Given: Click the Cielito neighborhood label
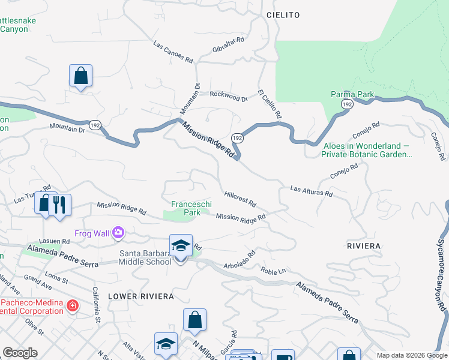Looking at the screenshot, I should click(x=283, y=14).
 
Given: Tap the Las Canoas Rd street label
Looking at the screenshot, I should click(x=173, y=52).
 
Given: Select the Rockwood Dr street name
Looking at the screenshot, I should click(x=229, y=97).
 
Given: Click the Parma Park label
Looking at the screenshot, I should click(x=352, y=94).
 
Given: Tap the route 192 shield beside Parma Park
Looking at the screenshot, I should click(x=346, y=104).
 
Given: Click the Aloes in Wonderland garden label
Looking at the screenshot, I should click(x=367, y=150).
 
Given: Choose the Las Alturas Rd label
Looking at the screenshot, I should click(x=311, y=191).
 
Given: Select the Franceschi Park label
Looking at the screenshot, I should click(x=191, y=208).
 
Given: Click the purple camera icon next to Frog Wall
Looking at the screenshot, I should click(x=118, y=232).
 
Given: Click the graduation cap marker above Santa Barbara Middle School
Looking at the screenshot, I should click(x=181, y=245).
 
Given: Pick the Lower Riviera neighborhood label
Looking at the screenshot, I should click(x=141, y=296).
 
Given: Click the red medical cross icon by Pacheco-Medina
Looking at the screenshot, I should click(x=73, y=306).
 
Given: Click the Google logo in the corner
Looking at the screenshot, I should click(x=20, y=353).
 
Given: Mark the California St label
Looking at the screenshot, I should click(x=96, y=304).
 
